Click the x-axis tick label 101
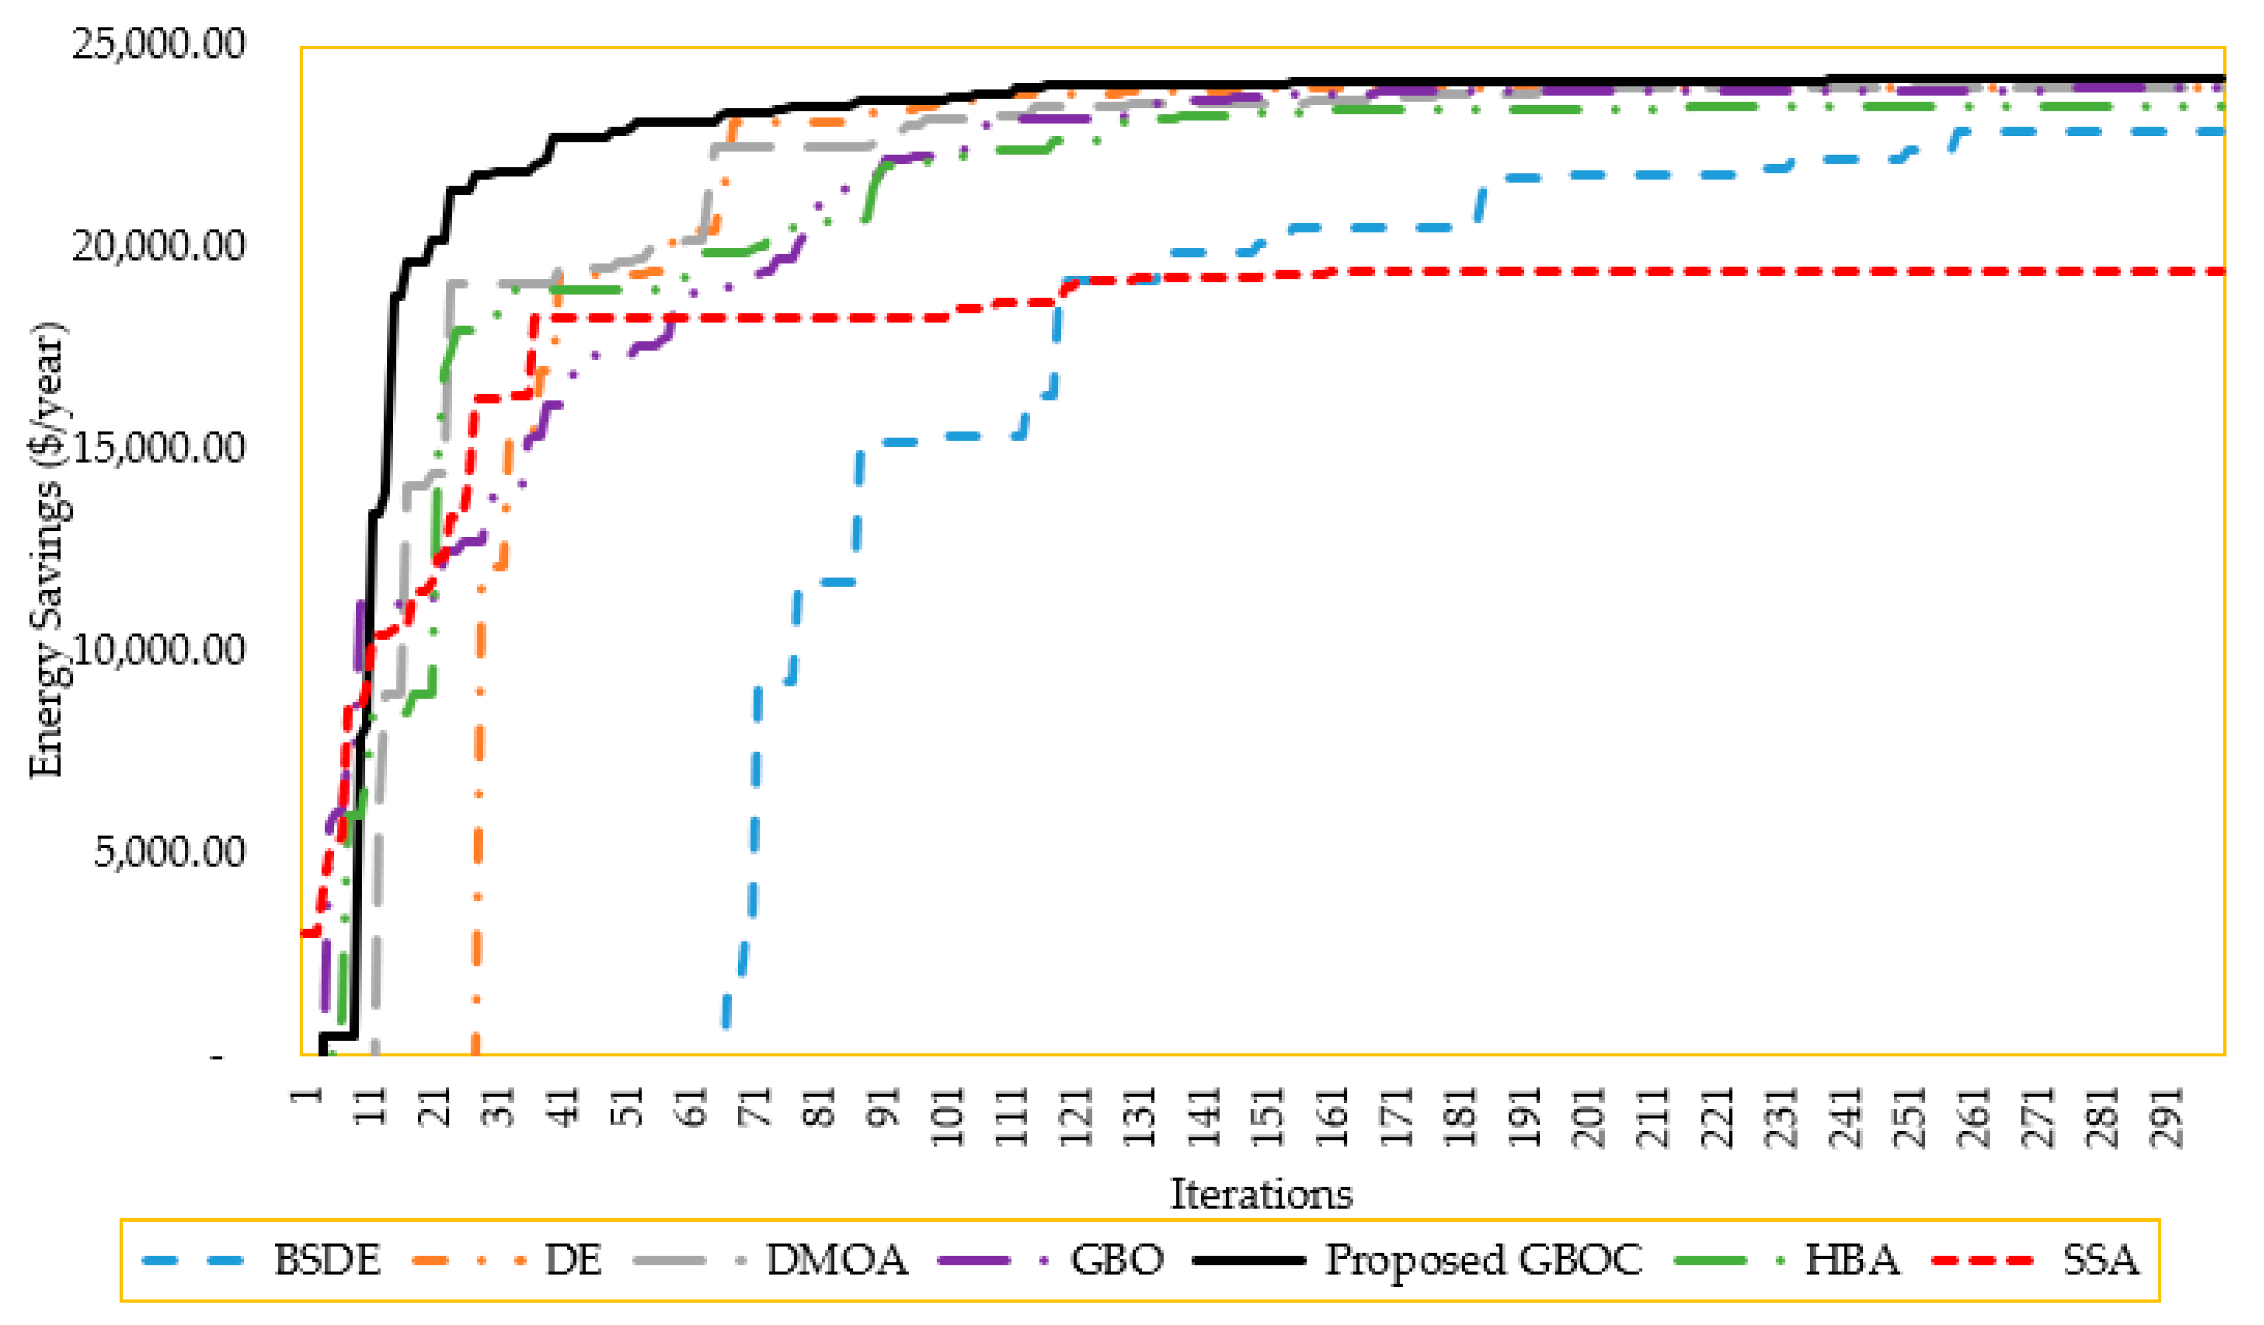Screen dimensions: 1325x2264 [x=949, y=1117]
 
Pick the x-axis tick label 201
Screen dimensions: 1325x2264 [x=1591, y=1117]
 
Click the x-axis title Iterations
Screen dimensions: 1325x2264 [x=1260, y=1194]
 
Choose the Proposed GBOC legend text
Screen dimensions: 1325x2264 [x=1484, y=1260]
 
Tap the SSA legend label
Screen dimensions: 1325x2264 [x=2100, y=1260]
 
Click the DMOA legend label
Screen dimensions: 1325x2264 [x=836, y=1260]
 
